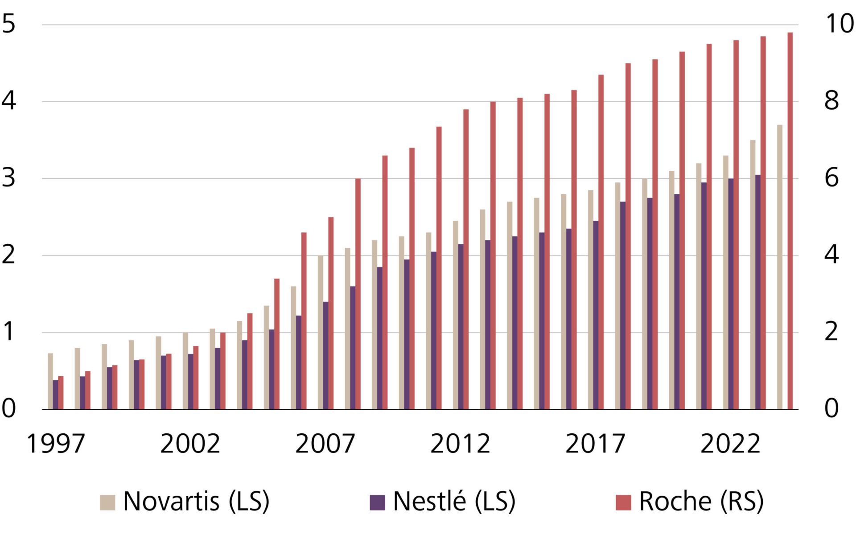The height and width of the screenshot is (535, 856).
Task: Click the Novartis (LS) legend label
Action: (196, 502)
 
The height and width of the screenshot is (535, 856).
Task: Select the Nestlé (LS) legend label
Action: (454, 502)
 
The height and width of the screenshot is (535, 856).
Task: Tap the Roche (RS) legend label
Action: (701, 502)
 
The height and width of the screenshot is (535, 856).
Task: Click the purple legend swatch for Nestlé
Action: (377, 502)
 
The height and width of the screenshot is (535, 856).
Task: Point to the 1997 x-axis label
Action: (56, 444)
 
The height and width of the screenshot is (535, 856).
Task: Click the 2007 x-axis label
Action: (325, 444)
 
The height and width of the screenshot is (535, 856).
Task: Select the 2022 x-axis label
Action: (730, 444)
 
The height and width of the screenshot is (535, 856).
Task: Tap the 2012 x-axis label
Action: (460, 444)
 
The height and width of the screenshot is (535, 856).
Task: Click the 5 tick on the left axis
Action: (9, 24)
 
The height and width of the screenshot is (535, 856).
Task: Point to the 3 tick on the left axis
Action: (9, 178)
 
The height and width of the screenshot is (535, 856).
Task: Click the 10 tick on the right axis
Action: (840, 24)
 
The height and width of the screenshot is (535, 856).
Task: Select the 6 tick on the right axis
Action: (831, 178)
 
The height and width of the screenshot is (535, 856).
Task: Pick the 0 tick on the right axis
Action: (831, 408)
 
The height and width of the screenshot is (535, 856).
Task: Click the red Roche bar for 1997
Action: (61, 393)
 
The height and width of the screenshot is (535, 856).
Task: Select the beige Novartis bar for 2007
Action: (320, 333)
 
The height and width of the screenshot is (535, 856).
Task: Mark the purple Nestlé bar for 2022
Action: (731, 294)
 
